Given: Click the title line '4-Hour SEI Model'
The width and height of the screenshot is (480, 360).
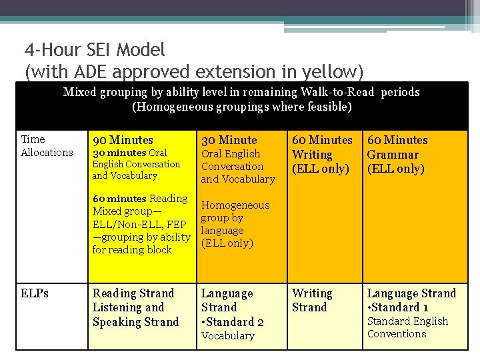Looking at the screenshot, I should [95, 50].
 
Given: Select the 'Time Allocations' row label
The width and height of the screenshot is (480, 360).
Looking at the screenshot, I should [47, 145].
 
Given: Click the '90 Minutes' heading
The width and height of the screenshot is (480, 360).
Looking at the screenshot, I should [123, 140].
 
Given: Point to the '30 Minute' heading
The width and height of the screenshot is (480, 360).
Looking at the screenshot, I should [229, 140].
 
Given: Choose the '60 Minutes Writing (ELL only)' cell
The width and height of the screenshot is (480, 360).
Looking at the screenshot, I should [322, 154].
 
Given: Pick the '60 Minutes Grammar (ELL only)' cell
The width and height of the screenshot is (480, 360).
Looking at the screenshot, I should [397, 154].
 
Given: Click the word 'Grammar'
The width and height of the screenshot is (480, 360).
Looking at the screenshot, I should [393, 155].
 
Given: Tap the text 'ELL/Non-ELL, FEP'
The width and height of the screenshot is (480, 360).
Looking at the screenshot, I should [139, 224].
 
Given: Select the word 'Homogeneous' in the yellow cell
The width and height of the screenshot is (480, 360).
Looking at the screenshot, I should [235, 205].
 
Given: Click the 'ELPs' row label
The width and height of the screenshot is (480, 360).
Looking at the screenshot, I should [35, 293].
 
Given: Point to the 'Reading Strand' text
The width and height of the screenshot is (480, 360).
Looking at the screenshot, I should [133, 293].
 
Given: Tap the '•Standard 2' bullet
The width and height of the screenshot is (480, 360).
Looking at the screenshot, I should [233, 322].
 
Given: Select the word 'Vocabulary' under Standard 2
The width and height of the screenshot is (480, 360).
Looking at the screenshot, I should [228, 336].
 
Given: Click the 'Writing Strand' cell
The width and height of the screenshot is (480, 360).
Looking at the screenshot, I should [312, 300].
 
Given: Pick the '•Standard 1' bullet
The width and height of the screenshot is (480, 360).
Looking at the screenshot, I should [398, 307].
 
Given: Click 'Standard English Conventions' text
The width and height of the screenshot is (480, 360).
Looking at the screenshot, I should [407, 327].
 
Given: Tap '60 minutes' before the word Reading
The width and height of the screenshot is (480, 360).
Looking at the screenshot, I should [119, 199].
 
